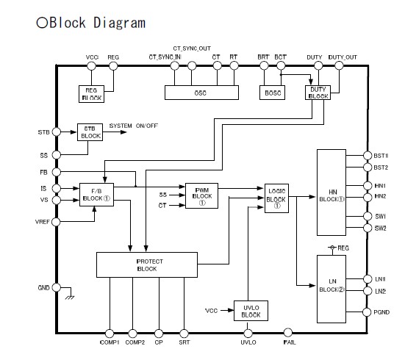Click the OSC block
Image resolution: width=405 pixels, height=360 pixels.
[x=200, y=93]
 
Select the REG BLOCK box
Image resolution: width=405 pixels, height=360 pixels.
[x=92, y=93]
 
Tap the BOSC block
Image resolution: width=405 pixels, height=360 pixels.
[x=271, y=93]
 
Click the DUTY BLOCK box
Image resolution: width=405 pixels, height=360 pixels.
[x=317, y=93]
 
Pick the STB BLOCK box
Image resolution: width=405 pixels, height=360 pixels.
[x=89, y=132]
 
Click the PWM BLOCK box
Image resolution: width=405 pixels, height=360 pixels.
[x=201, y=194]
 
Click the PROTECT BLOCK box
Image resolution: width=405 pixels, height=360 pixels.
[x=146, y=264]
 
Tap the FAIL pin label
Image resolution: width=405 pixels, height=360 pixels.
[x=290, y=342]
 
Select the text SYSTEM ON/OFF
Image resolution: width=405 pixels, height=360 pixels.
[x=135, y=126]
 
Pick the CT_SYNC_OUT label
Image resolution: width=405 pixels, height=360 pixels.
[x=193, y=48]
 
